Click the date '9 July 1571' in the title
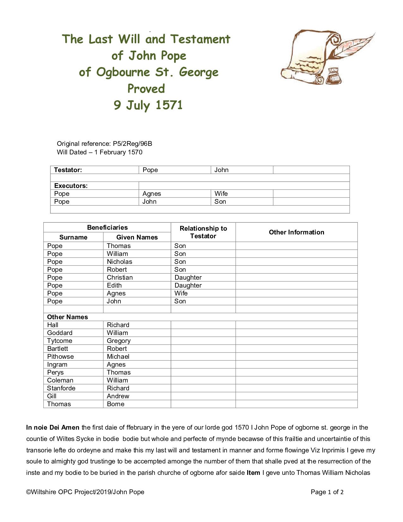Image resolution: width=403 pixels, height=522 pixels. click(x=148, y=105)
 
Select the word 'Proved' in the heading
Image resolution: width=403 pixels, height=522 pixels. click(x=146, y=89)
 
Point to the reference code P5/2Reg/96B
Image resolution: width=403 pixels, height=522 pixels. click(x=132, y=144)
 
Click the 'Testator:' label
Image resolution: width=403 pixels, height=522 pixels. click(x=68, y=170)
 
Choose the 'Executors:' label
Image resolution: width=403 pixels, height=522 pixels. click(x=71, y=186)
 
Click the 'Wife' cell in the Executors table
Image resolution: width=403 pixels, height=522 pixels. click(x=221, y=194)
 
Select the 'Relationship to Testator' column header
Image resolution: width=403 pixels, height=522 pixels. click(x=203, y=232)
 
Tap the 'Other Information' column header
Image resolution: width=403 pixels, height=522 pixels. click(x=296, y=232)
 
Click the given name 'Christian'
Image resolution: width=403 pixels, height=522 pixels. click(x=120, y=277)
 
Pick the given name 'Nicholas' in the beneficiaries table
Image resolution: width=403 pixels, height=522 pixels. click(x=119, y=262)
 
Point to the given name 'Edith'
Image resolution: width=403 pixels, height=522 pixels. click(x=114, y=285)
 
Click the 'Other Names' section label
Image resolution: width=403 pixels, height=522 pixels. click(x=67, y=317)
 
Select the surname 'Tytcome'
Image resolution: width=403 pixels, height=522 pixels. click(x=59, y=341)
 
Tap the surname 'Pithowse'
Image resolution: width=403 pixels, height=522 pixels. click(x=60, y=357)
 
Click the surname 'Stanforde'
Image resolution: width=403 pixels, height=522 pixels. click(x=61, y=388)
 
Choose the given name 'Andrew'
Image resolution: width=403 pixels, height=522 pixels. click(x=118, y=396)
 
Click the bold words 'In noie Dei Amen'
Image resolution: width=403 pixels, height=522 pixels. click(x=53, y=428)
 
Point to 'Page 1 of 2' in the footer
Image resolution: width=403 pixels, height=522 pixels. click(x=327, y=492)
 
